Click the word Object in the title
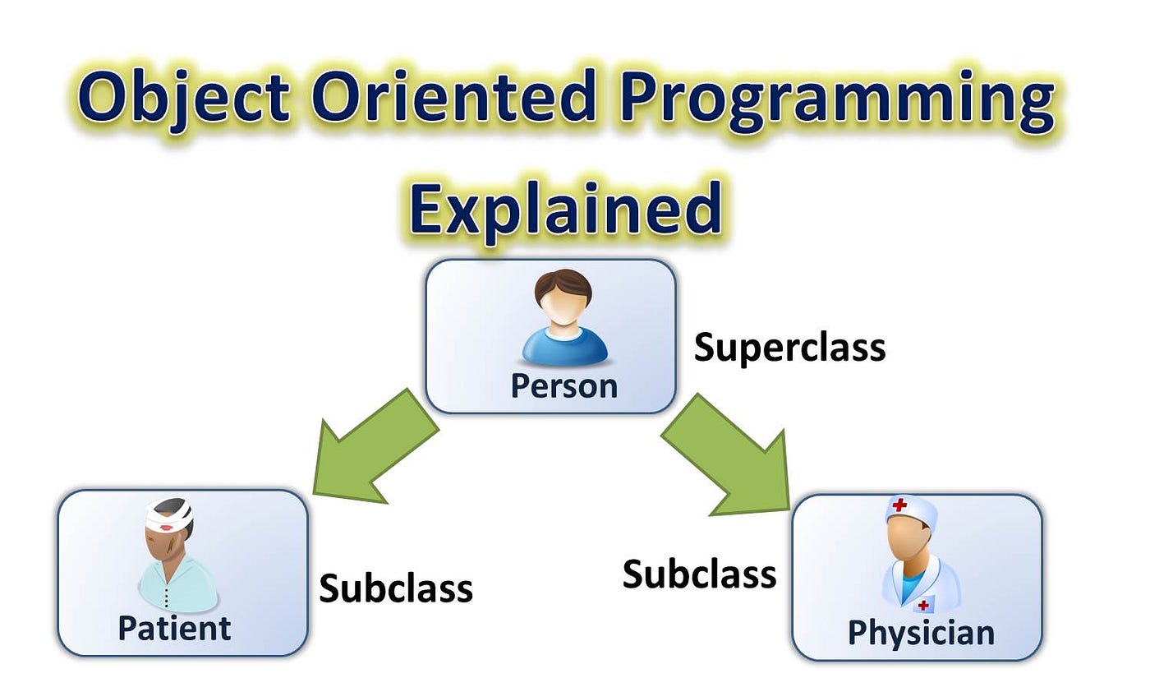(183, 99)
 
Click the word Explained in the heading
(565, 209)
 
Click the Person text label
(563, 386)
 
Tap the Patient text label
(174, 628)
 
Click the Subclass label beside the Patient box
(396, 588)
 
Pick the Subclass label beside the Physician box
(699, 574)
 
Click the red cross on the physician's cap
(899, 505)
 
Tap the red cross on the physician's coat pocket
(923, 606)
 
